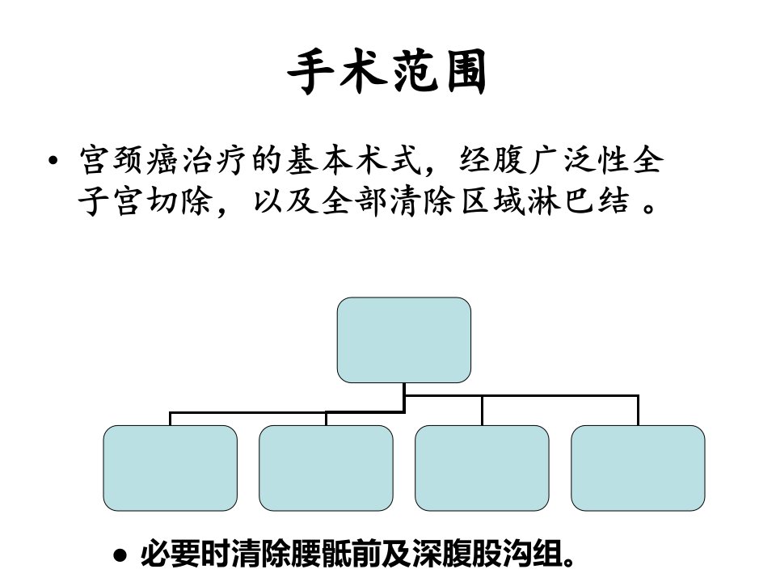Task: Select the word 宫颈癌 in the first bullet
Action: point(129,160)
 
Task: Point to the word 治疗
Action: point(215,160)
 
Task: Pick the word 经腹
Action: point(493,160)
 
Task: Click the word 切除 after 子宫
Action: point(180,201)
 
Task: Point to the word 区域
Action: point(493,201)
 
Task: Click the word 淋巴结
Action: point(579,201)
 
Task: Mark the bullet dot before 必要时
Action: point(120,555)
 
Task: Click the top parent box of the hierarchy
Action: point(404,340)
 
